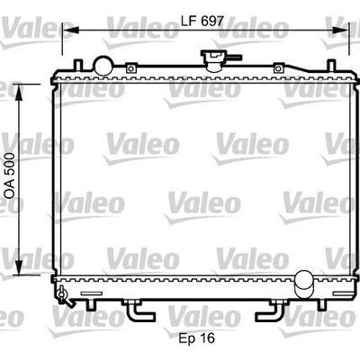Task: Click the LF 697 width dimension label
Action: coord(202,21)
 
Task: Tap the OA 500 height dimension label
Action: coord(10,175)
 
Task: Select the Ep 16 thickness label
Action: coord(197,338)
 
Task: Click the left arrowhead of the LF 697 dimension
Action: coord(71,30)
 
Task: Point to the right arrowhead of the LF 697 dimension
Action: coord(340,30)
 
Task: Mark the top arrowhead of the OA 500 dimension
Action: coord(19,93)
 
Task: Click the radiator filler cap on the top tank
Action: coord(213,60)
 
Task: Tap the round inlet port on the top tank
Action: coord(103,66)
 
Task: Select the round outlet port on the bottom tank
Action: coord(303,283)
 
